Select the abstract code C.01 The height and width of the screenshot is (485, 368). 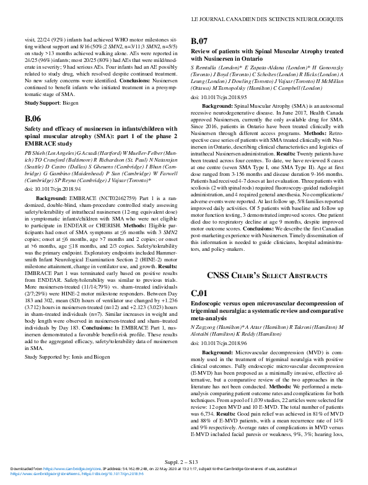(x=199, y=292)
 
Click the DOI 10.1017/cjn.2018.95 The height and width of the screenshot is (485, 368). (x=219, y=97)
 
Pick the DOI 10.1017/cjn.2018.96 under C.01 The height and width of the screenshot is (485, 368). (x=219, y=343)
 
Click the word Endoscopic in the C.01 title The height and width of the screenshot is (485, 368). (x=211, y=304)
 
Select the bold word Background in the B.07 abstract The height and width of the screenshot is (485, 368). (x=217, y=107)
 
